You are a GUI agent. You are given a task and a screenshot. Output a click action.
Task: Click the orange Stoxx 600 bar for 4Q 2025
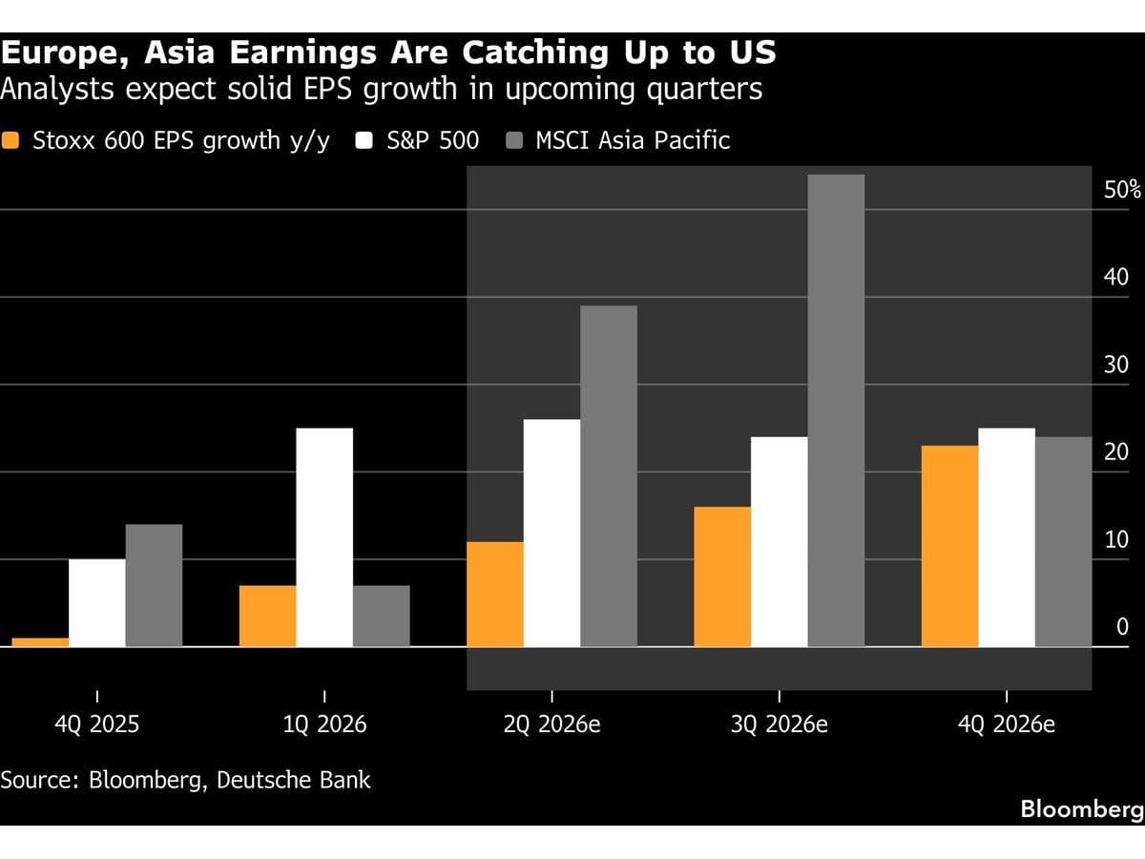[x=40, y=642]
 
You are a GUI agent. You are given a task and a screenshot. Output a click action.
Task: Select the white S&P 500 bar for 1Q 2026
[x=324, y=537]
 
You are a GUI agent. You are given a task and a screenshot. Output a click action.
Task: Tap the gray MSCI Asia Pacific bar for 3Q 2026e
[x=836, y=410]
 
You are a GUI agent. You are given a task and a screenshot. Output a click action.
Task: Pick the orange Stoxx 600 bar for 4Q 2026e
[x=950, y=546]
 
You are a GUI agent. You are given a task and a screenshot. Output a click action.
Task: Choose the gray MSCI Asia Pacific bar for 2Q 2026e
[x=609, y=476]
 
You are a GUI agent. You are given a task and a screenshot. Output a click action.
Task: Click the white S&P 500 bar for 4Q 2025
[x=97, y=603]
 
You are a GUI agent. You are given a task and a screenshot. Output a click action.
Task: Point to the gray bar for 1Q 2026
[x=382, y=616]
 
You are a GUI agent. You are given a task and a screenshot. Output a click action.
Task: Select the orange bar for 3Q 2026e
[x=722, y=576]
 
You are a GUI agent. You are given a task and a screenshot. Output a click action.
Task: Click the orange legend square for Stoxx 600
[x=10, y=140]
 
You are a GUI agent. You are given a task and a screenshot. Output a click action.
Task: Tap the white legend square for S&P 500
[x=364, y=140]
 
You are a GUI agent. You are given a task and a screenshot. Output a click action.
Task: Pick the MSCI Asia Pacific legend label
[x=633, y=140]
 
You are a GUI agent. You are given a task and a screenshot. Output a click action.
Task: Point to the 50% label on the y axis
[x=1122, y=189]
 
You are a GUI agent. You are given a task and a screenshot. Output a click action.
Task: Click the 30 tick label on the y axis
[x=1116, y=365]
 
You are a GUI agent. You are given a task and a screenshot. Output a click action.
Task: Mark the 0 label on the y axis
[x=1122, y=626]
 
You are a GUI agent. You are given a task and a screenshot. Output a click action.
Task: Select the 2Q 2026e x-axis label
[x=552, y=724]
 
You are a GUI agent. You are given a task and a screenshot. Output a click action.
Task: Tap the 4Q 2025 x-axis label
[x=97, y=724]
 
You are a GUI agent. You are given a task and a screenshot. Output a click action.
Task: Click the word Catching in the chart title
[x=535, y=53]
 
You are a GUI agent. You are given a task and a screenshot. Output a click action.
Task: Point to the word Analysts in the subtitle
[x=57, y=89]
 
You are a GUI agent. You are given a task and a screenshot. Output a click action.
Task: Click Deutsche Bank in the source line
[x=293, y=780]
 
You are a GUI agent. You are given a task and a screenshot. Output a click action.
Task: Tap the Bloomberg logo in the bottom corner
[x=1082, y=809]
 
